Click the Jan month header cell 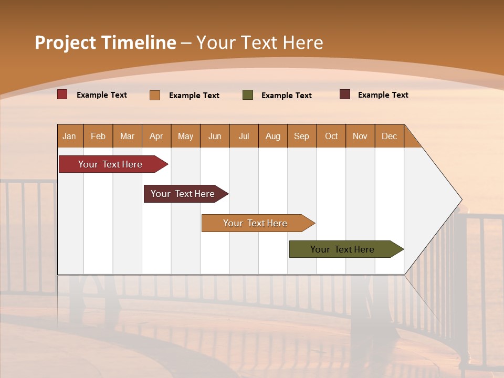pos(70,136)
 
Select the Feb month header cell pos(98,136)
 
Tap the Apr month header pos(156,136)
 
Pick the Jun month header pos(215,136)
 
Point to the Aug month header pos(273,136)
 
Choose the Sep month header pos(302,136)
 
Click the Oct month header pos(331,136)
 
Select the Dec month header pos(390,136)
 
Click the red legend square pos(62,94)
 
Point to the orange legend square pos(155,95)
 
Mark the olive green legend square pos(248,95)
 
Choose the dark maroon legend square pos(345,94)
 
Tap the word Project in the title pos(66,43)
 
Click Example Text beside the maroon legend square pos(383,95)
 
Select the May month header pos(185,136)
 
